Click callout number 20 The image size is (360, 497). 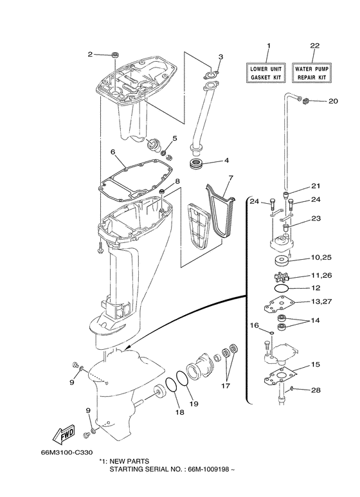coord(332,101)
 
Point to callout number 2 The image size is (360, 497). coord(91,54)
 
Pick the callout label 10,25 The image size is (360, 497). coord(319,259)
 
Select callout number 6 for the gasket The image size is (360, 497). coord(112,152)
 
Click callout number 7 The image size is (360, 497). coord(230,177)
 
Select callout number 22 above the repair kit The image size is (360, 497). coord(314,46)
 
